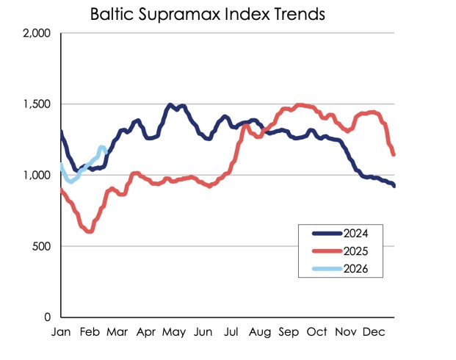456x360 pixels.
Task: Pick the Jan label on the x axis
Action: [60, 332]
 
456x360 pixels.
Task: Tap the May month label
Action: [173, 332]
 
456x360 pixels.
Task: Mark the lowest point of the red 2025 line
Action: [90, 231]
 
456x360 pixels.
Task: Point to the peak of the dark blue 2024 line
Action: [170, 105]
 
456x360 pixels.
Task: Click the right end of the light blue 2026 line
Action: [107, 151]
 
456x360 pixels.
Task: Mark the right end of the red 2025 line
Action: [394, 154]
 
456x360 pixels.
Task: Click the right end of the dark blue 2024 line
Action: [394, 186]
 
